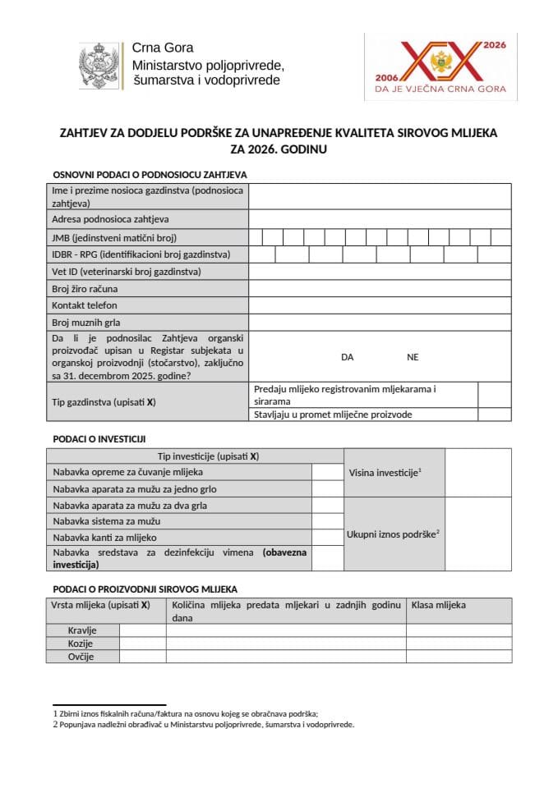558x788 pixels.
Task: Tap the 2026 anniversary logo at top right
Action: pyautogui.click(x=440, y=66)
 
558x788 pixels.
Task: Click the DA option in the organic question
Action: pyautogui.click(x=347, y=357)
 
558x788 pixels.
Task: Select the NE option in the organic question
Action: pyautogui.click(x=413, y=357)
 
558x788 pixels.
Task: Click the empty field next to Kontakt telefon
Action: pyautogui.click(x=380, y=305)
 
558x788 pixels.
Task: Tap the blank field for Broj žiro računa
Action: pyautogui.click(x=380, y=288)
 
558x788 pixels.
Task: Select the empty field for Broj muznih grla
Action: pyautogui.click(x=380, y=323)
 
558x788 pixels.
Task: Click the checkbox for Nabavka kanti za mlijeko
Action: pyautogui.click(x=327, y=538)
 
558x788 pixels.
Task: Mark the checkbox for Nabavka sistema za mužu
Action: pyautogui.click(x=327, y=521)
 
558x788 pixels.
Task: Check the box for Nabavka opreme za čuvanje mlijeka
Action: pyautogui.click(x=327, y=472)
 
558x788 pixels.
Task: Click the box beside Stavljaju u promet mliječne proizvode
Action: pyautogui.click(x=494, y=415)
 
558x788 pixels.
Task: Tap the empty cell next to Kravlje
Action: pyautogui.click(x=143, y=630)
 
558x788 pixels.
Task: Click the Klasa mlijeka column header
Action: pyautogui.click(x=439, y=605)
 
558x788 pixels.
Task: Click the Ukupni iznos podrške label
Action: pyautogui.click(x=393, y=534)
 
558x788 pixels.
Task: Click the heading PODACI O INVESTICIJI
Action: pyautogui.click(x=99, y=439)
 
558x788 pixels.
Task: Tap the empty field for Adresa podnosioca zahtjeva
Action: pyautogui.click(x=380, y=219)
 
